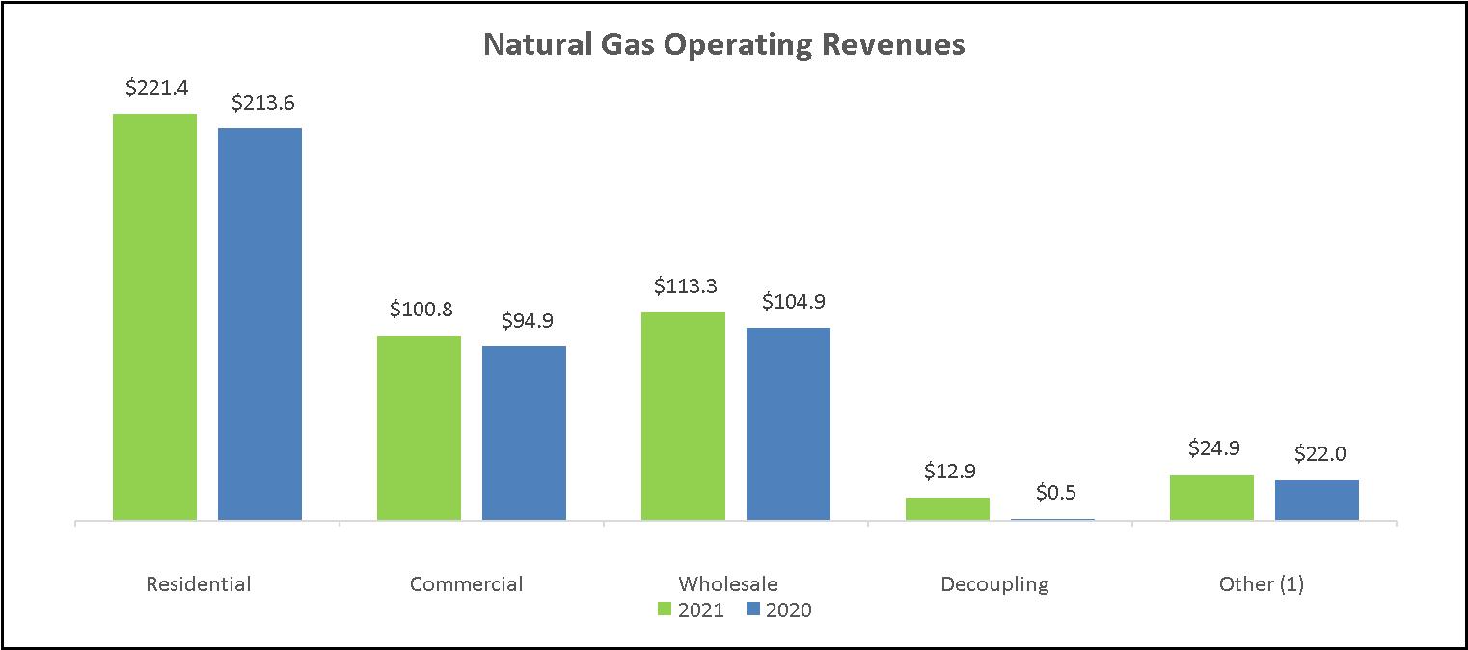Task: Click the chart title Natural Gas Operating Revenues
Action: point(723,45)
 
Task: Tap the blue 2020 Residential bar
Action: point(259,324)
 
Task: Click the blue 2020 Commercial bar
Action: point(524,433)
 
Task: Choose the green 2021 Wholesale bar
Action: point(683,416)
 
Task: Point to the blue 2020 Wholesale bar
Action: point(788,423)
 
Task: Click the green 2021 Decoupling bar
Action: point(947,508)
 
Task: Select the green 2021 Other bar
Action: point(1211,498)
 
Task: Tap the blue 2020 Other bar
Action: point(1317,500)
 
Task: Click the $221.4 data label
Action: point(156,88)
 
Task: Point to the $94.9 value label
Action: point(526,321)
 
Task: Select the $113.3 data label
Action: point(685,286)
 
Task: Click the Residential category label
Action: point(198,583)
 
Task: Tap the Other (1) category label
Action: point(1261,583)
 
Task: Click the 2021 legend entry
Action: point(691,609)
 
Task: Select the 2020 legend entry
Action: point(778,609)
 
